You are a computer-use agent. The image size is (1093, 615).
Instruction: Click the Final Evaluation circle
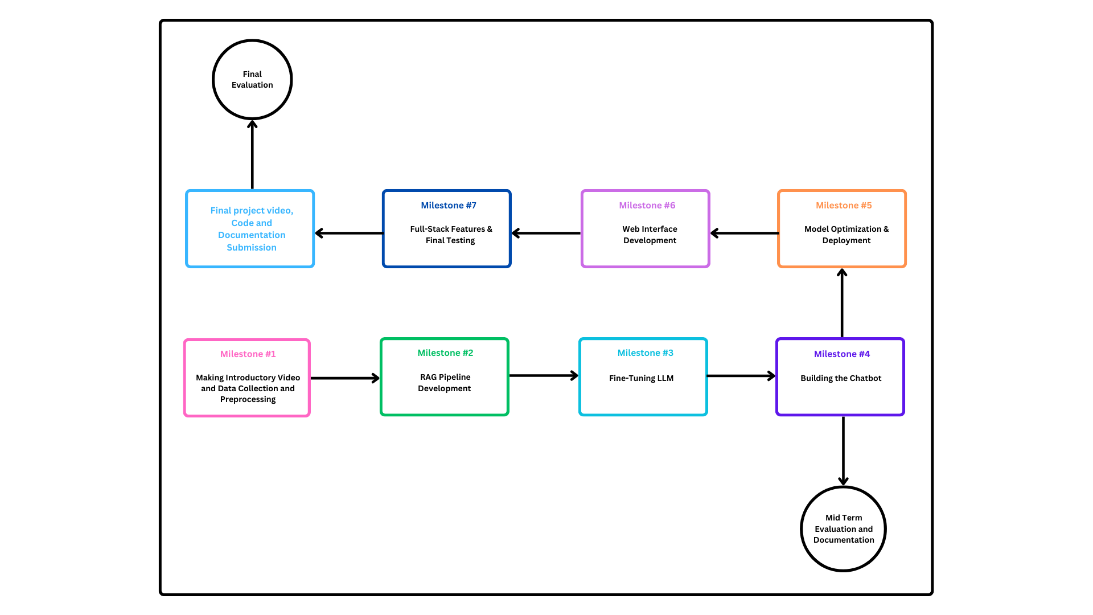pyautogui.click(x=252, y=80)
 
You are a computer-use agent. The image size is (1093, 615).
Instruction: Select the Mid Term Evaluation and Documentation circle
pyautogui.click(x=843, y=528)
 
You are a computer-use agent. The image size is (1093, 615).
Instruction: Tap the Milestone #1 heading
pyautogui.click(x=248, y=354)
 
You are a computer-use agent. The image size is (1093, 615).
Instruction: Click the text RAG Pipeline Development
pyautogui.click(x=445, y=383)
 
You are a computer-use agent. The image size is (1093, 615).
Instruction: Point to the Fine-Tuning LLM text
pyautogui.click(x=641, y=378)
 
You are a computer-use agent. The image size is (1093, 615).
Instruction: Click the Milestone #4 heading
pyautogui.click(x=841, y=354)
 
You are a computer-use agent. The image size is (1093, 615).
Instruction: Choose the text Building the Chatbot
pyautogui.click(x=840, y=378)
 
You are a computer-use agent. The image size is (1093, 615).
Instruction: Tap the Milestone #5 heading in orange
pyautogui.click(x=843, y=205)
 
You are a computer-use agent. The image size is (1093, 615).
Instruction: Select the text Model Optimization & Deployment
pyautogui.click(x=846, y=235)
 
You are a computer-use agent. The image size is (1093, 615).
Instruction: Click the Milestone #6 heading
pyautogui.click(x=647, y=205)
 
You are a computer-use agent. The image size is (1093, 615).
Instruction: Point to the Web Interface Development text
pyautogui.click(x=650, y=235)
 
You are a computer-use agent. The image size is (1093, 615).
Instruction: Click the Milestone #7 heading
pyautogui.click(x=448, y=205)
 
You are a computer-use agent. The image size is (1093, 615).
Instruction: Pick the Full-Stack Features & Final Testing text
pyautogui.click(x=450, y=235)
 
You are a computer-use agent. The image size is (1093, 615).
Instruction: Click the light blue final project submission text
pyautogui.click(x=251, y=229)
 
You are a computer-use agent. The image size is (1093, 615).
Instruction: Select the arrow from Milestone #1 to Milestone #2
pyautogui.click(x=345, y=378)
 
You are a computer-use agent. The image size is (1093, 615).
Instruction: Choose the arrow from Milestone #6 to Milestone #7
pyautogui.click(x=546, y=233)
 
